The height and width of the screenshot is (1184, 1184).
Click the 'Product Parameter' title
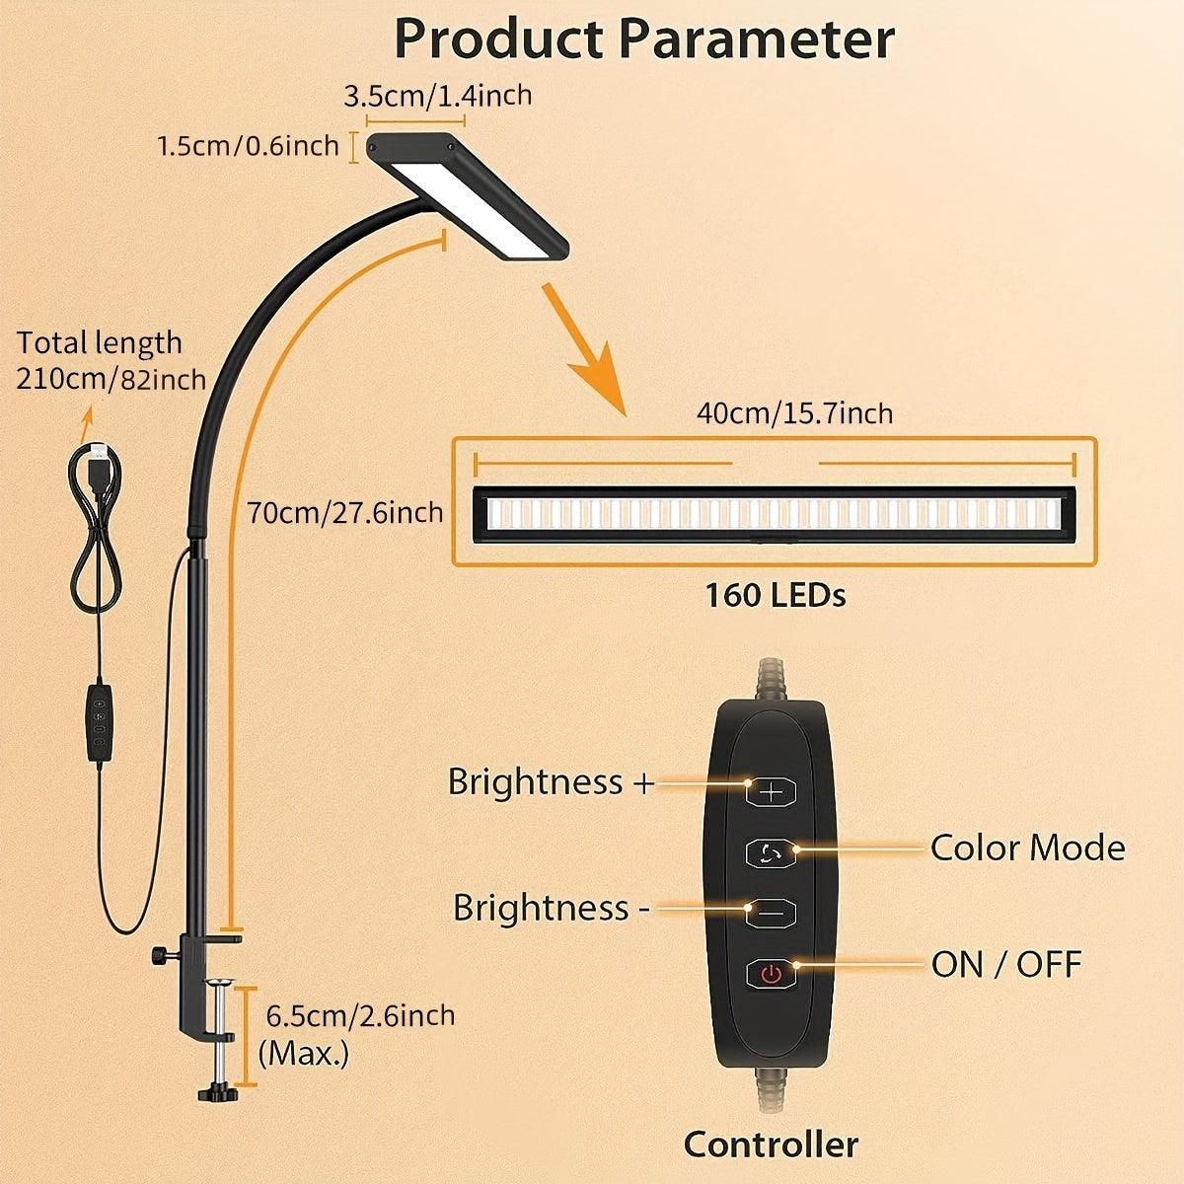643,39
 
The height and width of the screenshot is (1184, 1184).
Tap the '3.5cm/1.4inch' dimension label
437,97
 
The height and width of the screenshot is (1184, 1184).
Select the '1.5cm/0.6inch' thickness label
248,146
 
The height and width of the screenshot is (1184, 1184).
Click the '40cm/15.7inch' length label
794,412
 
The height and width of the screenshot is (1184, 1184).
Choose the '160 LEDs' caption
775,595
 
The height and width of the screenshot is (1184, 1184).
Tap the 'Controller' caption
771,1145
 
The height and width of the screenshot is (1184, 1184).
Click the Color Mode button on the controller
771,851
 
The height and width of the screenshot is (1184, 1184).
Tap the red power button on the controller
771,975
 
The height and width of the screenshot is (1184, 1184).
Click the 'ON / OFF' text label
1005,964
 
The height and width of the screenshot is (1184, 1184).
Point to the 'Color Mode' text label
1027,848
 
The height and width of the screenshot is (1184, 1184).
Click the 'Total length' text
100,343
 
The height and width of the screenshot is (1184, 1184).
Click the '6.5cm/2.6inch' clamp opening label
361,1015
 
